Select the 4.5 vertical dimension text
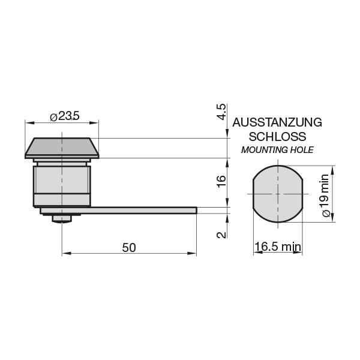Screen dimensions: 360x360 [221, 113]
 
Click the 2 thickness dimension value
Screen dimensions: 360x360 [221, 233]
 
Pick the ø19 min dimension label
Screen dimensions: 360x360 [325, 195]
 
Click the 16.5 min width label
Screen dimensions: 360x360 [277, 247]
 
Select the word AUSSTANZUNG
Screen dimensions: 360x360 [277, 122]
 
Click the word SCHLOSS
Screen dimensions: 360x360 [277, 137]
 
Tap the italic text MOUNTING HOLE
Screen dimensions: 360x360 [277, 150]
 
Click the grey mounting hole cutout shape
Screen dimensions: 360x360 [277, 194]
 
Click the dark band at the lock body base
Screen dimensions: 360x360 [61, 200]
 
